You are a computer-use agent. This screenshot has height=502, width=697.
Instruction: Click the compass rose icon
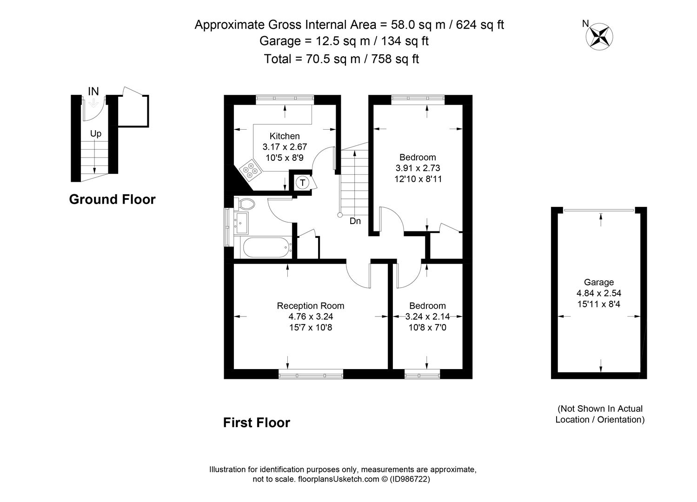(x=599, y=37)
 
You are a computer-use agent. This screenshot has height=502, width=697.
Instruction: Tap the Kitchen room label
(x=285, y=136)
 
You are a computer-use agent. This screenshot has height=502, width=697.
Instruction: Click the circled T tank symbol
(x=302, y=183)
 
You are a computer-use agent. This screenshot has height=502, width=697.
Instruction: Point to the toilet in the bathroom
(x=245, y=204)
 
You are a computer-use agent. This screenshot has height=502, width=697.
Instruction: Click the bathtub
(x=267, y=248)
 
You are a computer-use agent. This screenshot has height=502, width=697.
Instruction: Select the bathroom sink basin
(x=242, y=223)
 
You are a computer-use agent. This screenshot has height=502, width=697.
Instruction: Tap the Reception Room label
(x=311, y=306)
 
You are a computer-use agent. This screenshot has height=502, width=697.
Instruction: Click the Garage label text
(x=599, y=282)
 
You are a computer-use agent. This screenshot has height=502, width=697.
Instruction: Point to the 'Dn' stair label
(x=355, y=221)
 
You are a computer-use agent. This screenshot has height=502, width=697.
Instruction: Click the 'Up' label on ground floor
(x=95, y=134)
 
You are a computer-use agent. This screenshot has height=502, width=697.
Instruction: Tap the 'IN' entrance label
(x=93, y=92)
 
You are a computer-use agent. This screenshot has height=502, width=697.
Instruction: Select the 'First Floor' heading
(x=257, y=423)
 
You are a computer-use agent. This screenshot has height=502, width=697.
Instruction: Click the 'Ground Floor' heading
(x=113, y=199)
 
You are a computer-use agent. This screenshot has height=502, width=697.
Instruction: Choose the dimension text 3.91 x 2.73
(x=418, y=168)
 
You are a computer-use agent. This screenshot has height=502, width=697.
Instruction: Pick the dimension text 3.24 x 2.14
(x=427, y=317)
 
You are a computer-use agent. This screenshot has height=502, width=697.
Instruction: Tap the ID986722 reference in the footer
(x=410, y=479)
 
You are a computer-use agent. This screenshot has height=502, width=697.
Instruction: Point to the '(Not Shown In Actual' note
(x=600, y=409)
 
